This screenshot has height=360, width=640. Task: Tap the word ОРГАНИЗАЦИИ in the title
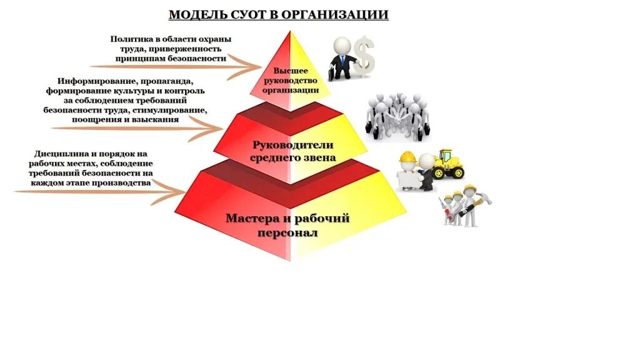[x=335, y=14]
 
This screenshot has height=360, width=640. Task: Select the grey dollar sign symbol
[x=365, y=57]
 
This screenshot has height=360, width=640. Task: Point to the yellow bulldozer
[x=449, y=164]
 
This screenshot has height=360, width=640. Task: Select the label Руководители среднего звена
[x=292, y=151]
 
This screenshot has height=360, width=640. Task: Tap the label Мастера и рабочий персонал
[x=287, y=225]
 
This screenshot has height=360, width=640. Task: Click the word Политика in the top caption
[x=130, y=39]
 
